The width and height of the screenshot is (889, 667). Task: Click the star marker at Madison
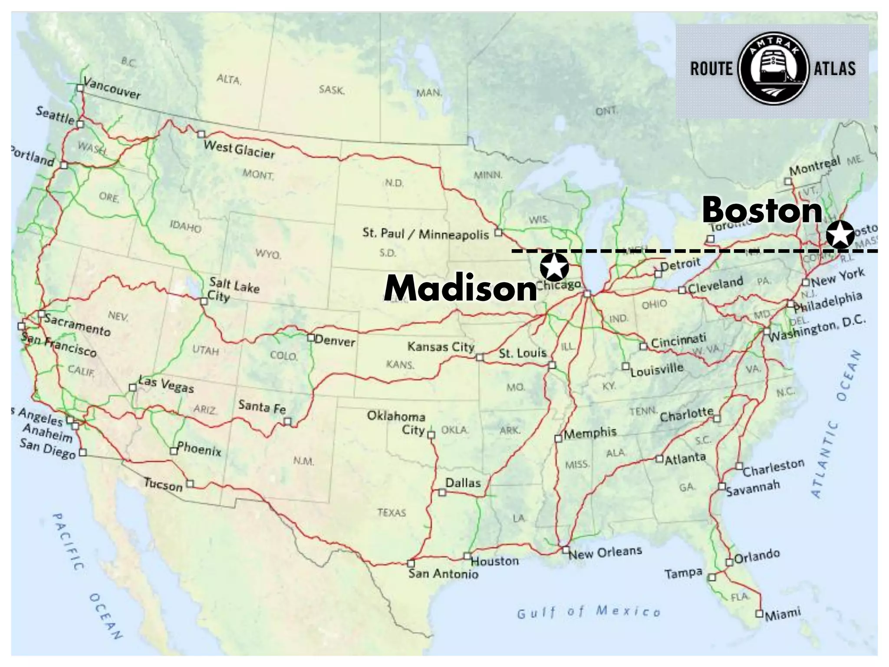[554, 267]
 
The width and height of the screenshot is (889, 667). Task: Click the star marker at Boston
[840, 234]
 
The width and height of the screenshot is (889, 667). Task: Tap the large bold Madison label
[461, 288]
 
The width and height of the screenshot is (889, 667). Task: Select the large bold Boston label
[762, 210]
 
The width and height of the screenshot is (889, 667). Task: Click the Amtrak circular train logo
[773, 68]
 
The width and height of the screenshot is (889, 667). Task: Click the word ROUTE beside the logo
[711, 69]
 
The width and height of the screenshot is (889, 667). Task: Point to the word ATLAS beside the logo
[834, 69]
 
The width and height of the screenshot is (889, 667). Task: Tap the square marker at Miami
[759, 614]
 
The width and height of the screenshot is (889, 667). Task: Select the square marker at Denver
[311, 337]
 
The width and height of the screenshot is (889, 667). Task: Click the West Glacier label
[239, 149]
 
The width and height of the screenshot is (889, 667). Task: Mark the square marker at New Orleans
[566, 550]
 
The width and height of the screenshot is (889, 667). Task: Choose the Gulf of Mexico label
[588, 612]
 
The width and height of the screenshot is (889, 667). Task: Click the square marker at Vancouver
[80, 88]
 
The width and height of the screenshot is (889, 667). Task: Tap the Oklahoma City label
[396, 423]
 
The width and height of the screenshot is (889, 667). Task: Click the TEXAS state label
[392, 512]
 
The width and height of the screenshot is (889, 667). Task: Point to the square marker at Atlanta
[659, 459]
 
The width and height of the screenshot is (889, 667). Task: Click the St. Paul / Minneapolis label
[426, 234]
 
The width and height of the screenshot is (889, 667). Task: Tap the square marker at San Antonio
[411, 563]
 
